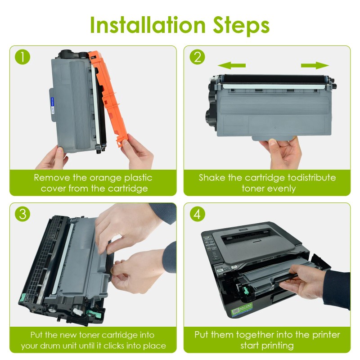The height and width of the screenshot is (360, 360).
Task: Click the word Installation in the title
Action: pyautogui.click(x=148, y=25)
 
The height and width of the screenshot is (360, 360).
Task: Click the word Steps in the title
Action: pyautogui.click(x=241, y=26)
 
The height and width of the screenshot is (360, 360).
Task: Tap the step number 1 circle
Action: pyautogui.click(x=22, y=57)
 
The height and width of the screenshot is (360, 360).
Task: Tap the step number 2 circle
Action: pyautogui.click(x=197, y=57)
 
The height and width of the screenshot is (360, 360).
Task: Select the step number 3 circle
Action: pyautogui.click(x=22, y=214)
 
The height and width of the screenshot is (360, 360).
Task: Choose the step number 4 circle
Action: pyautogui.click(x=197, y=214)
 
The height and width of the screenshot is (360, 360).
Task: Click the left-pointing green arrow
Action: pyautogui.click(x=231, y=65)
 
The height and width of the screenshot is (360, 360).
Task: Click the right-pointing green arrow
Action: pyautogui.click(x=315, y=65)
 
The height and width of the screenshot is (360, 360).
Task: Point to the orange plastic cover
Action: pyautogui.click(x=108, y=96)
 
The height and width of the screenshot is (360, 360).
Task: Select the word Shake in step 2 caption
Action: pyautogui.click(x=212, y=178)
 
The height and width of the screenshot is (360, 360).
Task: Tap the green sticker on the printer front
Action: pyautogui.click(x=242, y=309)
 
